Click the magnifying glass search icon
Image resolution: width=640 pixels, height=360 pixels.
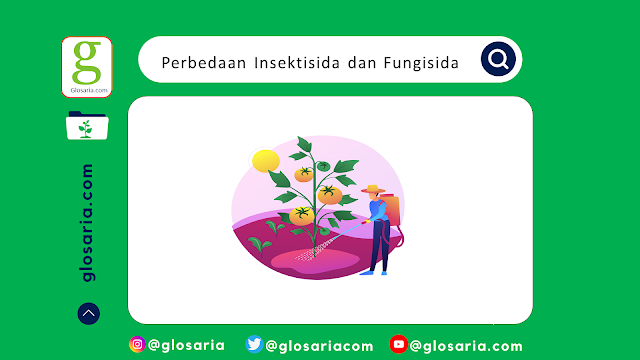(498, 60)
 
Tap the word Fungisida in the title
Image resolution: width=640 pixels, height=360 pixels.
(420, 62)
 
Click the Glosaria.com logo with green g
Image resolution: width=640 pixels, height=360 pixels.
(87, 66)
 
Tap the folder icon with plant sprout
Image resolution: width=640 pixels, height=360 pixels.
(87, 127)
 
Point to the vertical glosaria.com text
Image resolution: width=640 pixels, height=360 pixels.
(88, 223)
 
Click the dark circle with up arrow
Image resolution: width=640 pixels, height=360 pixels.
(88, 313)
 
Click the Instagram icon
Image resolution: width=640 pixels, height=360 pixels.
(137, 345)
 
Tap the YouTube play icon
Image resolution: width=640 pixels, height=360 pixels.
(398, 345)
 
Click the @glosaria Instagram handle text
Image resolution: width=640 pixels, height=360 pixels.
(187, 345)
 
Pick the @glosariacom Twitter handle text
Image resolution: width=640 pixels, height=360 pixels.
(320, 345)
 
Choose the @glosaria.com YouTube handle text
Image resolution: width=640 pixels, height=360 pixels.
(466, 345)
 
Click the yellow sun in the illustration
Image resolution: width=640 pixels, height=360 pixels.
(265, 160)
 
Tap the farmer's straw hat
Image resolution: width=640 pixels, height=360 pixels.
(374, 189)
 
